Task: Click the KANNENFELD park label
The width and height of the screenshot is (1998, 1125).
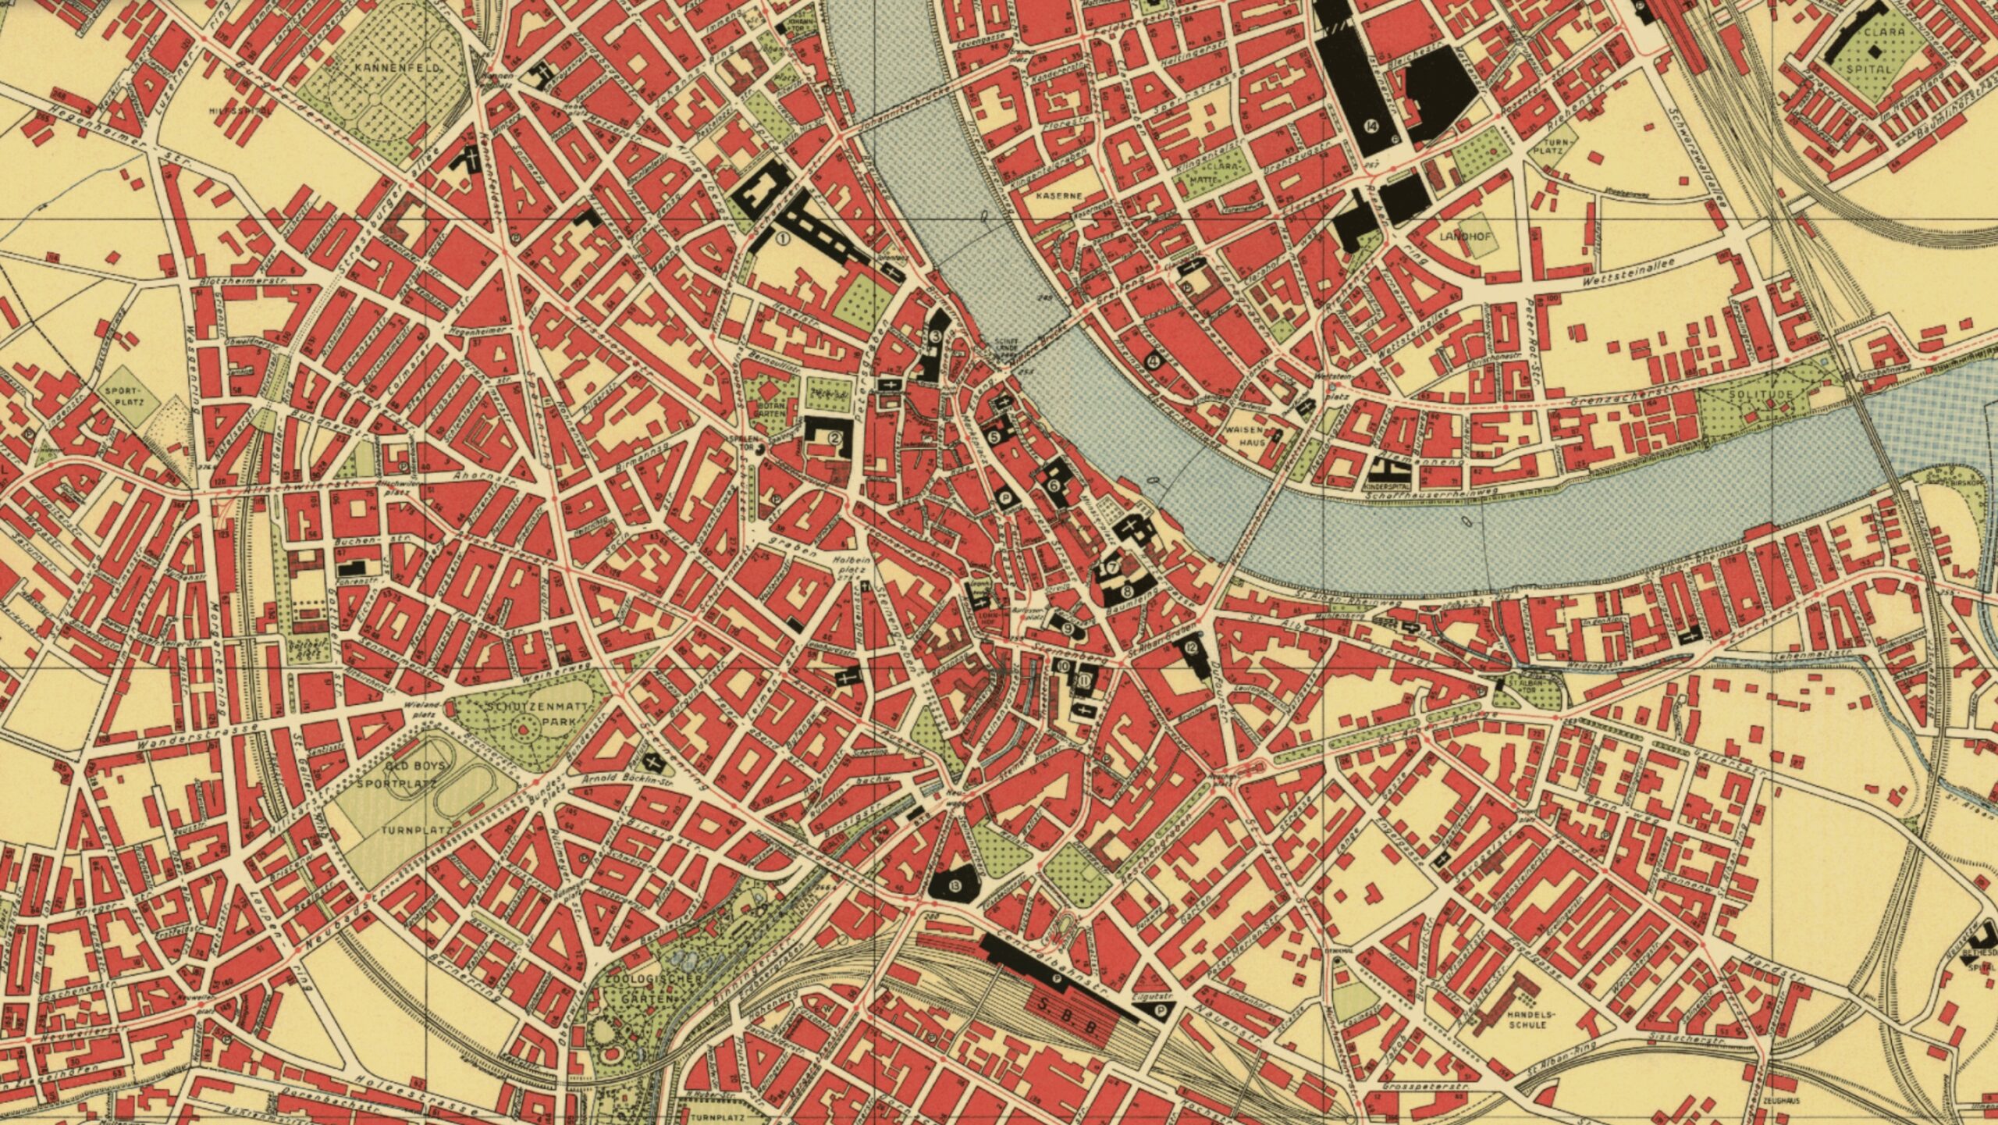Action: (386, 69)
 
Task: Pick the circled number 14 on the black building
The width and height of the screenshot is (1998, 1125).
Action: (1371, 125)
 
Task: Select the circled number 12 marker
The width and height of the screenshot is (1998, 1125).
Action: (1190, 646)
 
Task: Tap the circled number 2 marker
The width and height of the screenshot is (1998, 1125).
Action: (834, 438)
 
